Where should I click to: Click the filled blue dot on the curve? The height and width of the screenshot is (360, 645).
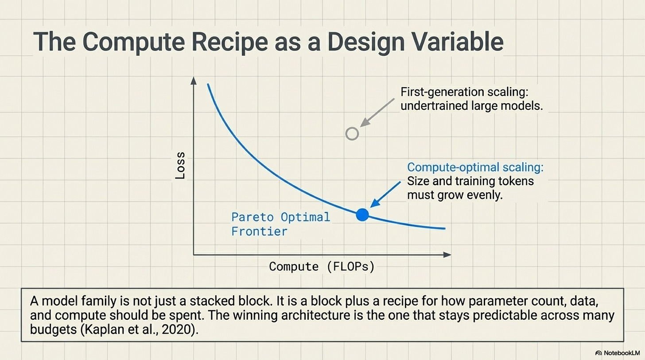click(x=362, y=215)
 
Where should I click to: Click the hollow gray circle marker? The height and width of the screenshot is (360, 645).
click(x=352, y=133)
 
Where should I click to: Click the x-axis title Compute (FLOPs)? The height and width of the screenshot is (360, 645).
click(x=322, y=267)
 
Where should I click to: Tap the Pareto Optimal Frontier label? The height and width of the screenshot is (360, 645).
click(x=280, y=224)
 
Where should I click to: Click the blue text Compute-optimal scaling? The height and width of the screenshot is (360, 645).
click(x=475, y=167)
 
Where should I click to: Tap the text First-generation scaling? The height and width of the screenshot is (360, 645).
click(x=465, y=92)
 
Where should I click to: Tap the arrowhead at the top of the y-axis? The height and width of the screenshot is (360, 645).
click(x=193, y=80)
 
